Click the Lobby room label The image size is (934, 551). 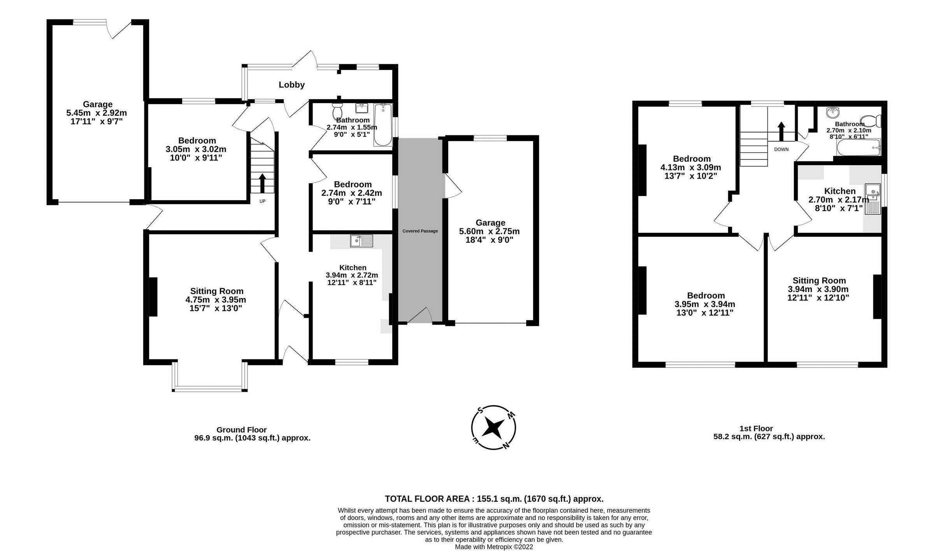(291, 85)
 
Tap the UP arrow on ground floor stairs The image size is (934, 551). (262, 183)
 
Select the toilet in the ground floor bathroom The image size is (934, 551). (337, 112)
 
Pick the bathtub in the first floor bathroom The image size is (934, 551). (858, 148)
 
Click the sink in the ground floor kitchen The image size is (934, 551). (361, 241)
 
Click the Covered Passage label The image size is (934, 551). (420, 231)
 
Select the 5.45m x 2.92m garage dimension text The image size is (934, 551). (97, 113)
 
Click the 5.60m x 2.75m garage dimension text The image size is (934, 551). (489, 231)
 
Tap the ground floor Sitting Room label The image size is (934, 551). (216, 291)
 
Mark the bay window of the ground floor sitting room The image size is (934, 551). (210, 387)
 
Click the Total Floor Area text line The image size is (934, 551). (494, 499)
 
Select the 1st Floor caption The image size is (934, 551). (756, 429)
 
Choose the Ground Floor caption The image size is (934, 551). (241, 430)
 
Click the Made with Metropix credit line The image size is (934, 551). (494, 547)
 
